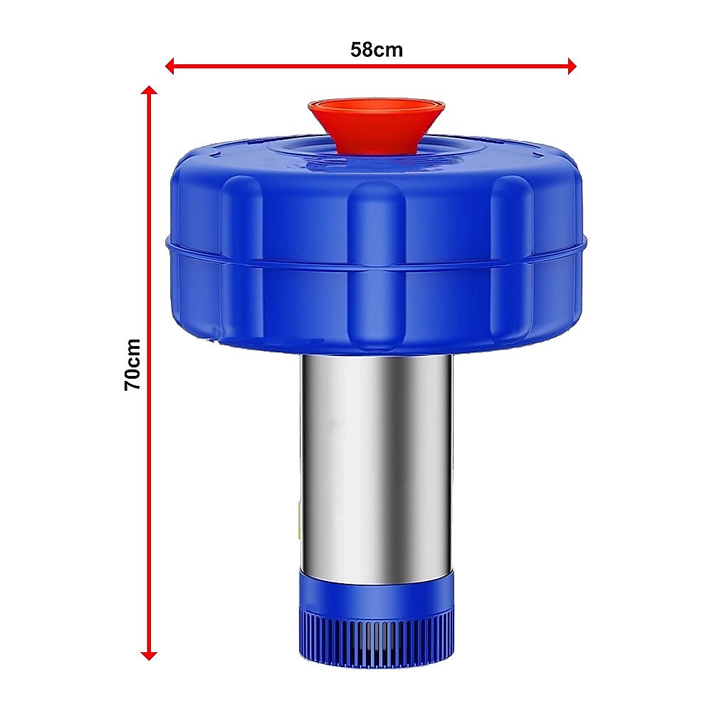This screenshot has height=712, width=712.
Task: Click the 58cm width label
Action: (376, 50)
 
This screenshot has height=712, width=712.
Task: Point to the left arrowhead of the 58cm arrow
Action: (169, 66)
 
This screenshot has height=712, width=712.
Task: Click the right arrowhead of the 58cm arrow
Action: (571, 66)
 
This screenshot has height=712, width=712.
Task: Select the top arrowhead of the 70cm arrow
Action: (149, 90)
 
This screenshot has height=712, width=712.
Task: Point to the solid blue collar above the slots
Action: (376, 595)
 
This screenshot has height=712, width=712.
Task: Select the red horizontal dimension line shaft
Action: (463, 66)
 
